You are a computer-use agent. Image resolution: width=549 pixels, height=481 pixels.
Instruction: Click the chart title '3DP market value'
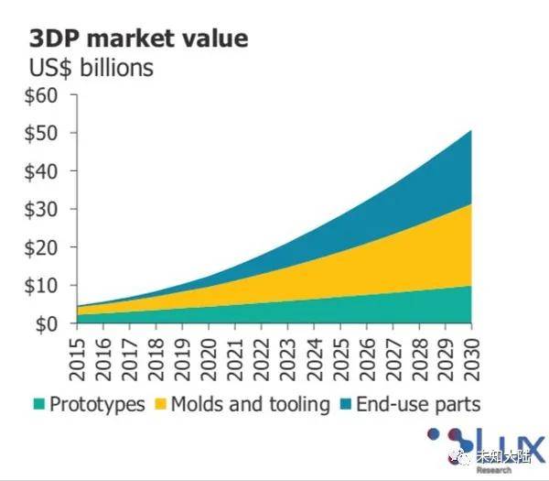[139, 38]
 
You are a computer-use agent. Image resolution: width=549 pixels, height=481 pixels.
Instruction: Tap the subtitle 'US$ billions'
[91, 68]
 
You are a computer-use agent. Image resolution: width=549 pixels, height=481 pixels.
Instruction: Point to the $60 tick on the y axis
[40, 95]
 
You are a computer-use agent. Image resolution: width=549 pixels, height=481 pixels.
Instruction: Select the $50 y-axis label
[40, 134]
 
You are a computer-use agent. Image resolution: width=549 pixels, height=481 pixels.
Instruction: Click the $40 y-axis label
[40, 172]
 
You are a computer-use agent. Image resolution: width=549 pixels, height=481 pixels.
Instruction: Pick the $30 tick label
[40, 210]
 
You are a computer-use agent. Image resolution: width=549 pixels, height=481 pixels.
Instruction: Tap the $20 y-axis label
[40, 248]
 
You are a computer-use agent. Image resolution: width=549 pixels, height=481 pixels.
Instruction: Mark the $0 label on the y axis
[47, 324]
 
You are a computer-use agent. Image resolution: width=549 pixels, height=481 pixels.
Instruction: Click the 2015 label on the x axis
[77, 359]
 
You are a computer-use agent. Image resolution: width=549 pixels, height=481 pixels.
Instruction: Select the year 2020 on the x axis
[209, 359]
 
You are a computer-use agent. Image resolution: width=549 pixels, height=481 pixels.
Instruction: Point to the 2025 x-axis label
[340, 359]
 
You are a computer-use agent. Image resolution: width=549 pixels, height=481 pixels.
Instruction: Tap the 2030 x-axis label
[471, 359]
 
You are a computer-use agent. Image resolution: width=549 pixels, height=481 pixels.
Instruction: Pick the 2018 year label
[156, 359]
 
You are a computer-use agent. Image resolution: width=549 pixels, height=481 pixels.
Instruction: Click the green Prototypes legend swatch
[38, 404]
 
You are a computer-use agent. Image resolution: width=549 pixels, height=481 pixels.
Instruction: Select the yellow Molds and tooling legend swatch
[160, 404]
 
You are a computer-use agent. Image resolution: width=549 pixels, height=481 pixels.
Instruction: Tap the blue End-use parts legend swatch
[346, 404]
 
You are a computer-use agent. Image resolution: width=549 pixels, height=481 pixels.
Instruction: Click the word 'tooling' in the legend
[299, 405]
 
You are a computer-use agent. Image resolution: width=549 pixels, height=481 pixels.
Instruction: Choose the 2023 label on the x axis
[288, 359]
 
